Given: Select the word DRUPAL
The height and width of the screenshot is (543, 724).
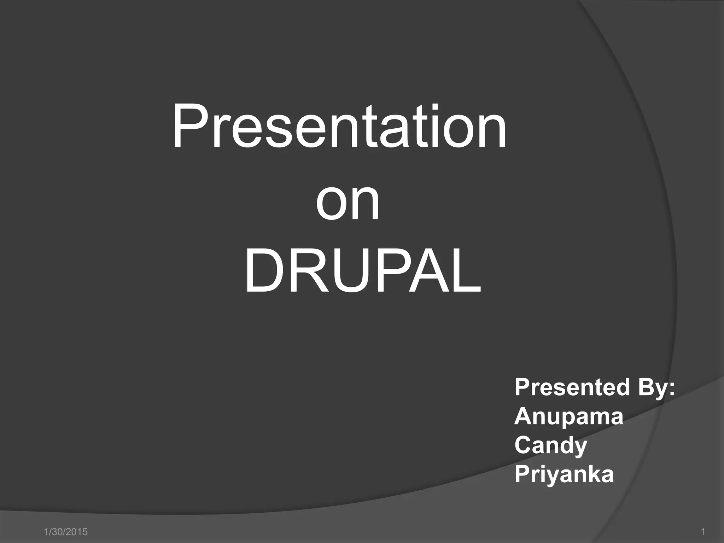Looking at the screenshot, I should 363,271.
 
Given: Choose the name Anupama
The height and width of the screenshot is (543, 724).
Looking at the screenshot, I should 568,417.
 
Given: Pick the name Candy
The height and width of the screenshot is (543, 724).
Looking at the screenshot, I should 551,446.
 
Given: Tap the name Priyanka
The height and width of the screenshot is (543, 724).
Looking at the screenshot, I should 564,475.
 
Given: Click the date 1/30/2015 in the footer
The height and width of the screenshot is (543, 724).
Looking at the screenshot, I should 66,532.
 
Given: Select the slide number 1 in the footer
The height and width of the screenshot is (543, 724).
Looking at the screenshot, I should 703,532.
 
